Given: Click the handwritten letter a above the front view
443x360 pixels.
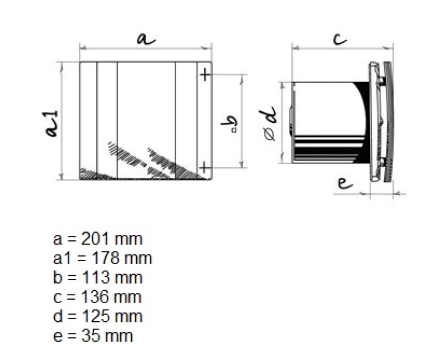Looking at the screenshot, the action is pyautogui.click(x=146, y=39).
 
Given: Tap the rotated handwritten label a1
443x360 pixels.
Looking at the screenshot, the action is pyautogui.click(x=51, y=124).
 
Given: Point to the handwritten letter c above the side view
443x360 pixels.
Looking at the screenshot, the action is pyautogui.click(x=340, y=39).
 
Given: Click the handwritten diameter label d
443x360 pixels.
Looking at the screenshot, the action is pyautogui.click(x=269, y=115).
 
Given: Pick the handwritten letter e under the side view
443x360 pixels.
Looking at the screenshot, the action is pyautogui.click(x=345, y=183).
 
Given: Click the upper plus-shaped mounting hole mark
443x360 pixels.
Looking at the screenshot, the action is pyautogui.click(x=205, y=75).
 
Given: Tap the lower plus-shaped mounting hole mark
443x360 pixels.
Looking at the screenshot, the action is pyautogui.click(x=205, y=168).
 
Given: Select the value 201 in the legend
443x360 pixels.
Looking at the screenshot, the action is pyautogui.click(x=94, y=239).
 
